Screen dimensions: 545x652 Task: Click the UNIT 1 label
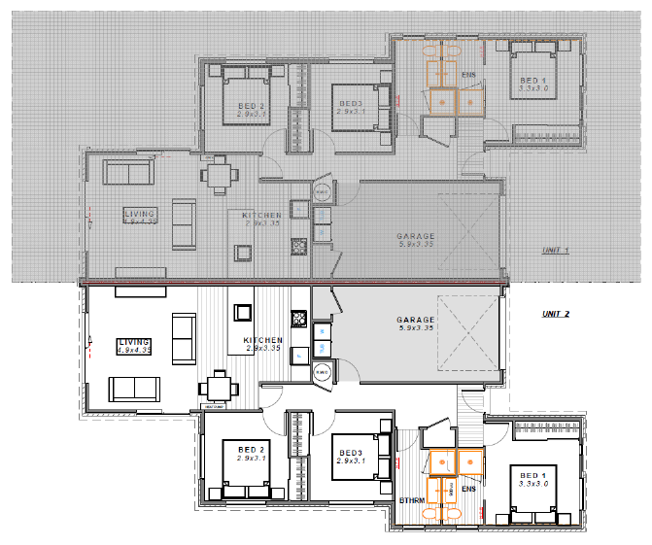tap(555, 251)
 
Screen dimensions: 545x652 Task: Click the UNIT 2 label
tap(555, 314)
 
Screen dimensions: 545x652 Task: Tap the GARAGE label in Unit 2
tap(415, 320)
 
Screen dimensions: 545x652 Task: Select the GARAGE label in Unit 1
tap(415, 236)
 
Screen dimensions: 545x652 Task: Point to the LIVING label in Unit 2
tap(134, 342)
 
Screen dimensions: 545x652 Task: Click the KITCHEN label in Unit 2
tap(262, 339)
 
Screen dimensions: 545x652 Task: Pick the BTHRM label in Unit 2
tap(411, 499)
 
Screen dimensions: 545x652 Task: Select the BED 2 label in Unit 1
tap(251, 106)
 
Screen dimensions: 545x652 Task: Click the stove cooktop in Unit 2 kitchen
tap(299, 317)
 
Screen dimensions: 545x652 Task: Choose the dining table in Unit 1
tap(219, 176)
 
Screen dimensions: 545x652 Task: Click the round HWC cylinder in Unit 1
tap(322, 191)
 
